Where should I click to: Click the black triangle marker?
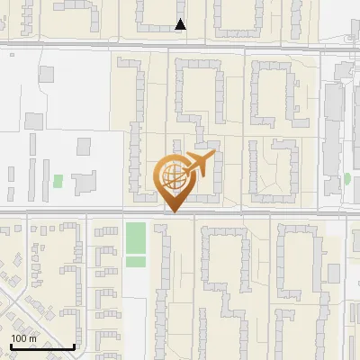click(x=181, y=24)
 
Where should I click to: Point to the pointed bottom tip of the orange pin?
click(x=175, y=211)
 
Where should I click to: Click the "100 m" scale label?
click(x=23, y=338)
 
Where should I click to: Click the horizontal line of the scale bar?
click(x=42, y=346)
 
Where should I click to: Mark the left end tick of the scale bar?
click(x=11, y=345)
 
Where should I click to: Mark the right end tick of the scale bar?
click(x=74, y=345)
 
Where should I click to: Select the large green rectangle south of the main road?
click(x=135, y=238)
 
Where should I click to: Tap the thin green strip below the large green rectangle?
click(x=135, y=261)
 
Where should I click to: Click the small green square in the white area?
click(x=58, y=180)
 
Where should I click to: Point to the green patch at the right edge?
click(x=347, y=178)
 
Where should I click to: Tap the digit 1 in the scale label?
click(x=13, y=338)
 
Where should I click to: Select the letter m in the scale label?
click(x=32, y=338)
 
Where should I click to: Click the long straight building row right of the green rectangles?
click(x=162, y=279)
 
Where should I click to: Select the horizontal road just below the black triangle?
click(x=181, y=44)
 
